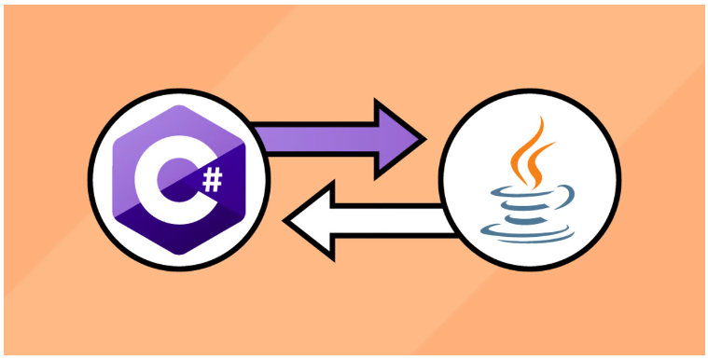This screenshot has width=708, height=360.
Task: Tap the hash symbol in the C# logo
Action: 214,179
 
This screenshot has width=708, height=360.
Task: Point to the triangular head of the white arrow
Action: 312,219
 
